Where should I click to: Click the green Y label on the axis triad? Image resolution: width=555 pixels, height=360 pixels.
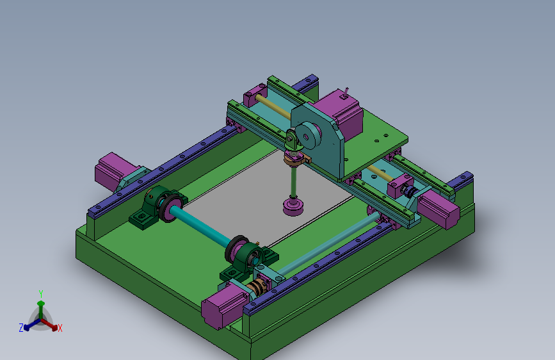[41, 294]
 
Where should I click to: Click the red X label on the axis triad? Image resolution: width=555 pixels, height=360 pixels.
[60, 328]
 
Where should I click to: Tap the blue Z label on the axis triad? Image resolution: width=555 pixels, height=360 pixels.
[21, 328]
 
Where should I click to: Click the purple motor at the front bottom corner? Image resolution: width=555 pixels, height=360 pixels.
[223, 307]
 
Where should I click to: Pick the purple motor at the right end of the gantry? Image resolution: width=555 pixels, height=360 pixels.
[439, 209]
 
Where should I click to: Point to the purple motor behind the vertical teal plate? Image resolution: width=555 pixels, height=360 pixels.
[340, 113]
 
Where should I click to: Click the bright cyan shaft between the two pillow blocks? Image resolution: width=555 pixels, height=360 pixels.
[200, 227]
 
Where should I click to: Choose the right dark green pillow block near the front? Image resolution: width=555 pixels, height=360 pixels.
[248, 259]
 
